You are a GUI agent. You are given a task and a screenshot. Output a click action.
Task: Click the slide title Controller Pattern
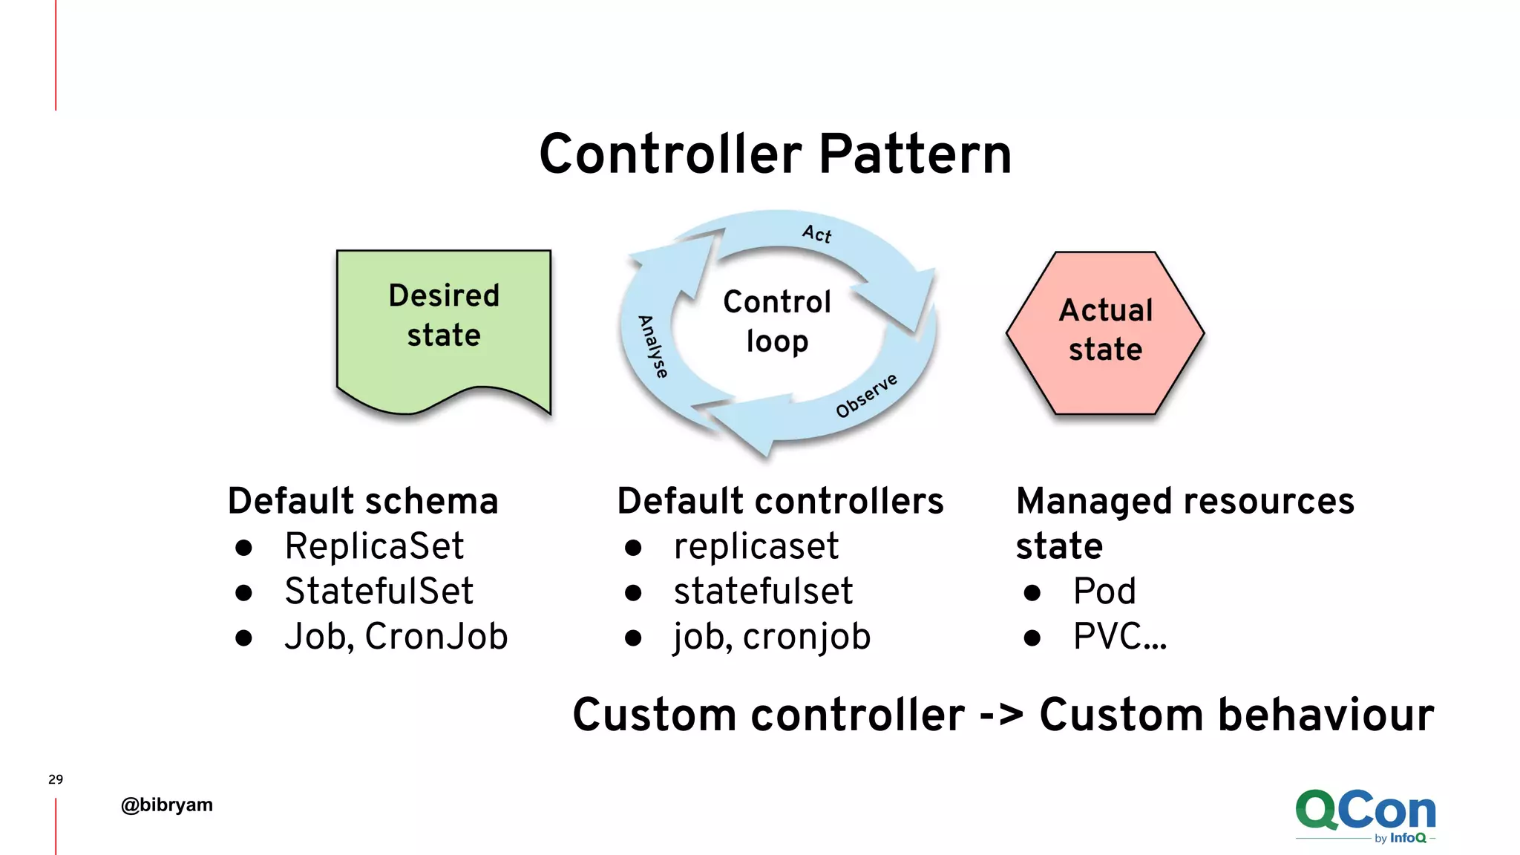coord(775,154)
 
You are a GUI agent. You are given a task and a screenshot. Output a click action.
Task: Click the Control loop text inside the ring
coord(777,321)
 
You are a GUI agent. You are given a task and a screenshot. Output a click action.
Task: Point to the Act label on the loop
coord(817,234)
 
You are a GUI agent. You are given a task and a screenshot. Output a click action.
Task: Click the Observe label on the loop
coord(866,396)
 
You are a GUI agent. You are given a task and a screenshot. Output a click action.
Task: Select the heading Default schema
coord(363,501)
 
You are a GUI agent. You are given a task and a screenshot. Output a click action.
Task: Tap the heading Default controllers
coord(780,501)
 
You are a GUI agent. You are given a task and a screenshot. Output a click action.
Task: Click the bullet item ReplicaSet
coord(374,547)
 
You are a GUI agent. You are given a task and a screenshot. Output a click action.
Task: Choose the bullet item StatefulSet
coord(379,592)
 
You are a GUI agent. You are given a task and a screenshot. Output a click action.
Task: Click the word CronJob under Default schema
coord(436,637)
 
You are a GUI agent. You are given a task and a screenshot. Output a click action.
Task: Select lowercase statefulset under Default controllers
coord(763,592)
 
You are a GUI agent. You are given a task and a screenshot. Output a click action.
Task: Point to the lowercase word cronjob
coord(807,637)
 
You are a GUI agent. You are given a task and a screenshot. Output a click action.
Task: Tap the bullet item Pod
coord(1104,592)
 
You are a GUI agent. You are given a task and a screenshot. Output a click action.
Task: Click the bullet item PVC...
coord(1119,637)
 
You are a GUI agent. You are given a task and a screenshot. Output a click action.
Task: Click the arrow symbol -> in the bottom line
coord(1001,715)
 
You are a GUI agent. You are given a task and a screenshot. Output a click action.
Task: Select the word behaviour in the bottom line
coord(1326,715)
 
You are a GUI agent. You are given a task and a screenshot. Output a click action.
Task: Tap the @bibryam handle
coord(167,805)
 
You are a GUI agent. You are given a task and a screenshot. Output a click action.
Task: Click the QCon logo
coord(1365,814)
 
